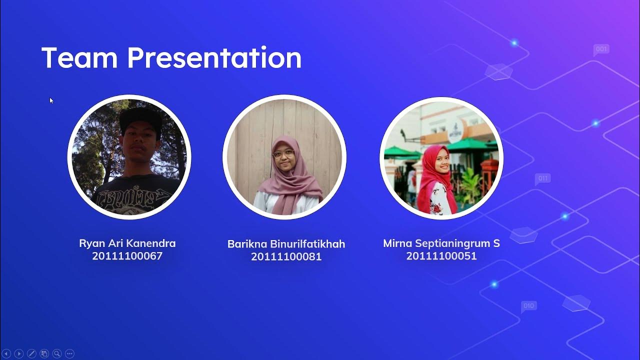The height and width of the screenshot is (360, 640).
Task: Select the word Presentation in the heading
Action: (214, 57)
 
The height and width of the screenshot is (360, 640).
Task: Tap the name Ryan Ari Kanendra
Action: (127, 243)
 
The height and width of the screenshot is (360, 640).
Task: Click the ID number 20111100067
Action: (127, 256)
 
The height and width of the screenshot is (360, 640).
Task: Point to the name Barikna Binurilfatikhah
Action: (286, 244)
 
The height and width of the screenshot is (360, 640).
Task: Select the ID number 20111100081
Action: (286, 256)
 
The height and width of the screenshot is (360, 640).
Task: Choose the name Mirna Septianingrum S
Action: (441, 243)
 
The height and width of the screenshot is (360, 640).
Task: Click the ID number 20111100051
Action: (441, 256)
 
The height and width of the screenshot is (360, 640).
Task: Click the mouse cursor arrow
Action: (51, 100)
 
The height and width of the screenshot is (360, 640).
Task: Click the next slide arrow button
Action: (19, 353)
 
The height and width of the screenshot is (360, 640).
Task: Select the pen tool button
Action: (31, 353)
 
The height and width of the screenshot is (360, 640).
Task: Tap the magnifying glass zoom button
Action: (57, 353)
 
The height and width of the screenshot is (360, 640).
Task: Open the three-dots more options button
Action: (69, 353)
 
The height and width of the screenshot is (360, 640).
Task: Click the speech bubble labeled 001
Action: (601, 49)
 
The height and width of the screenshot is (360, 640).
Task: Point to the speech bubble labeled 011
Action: (542, 178)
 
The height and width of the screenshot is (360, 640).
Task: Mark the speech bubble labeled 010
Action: (528, 306)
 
